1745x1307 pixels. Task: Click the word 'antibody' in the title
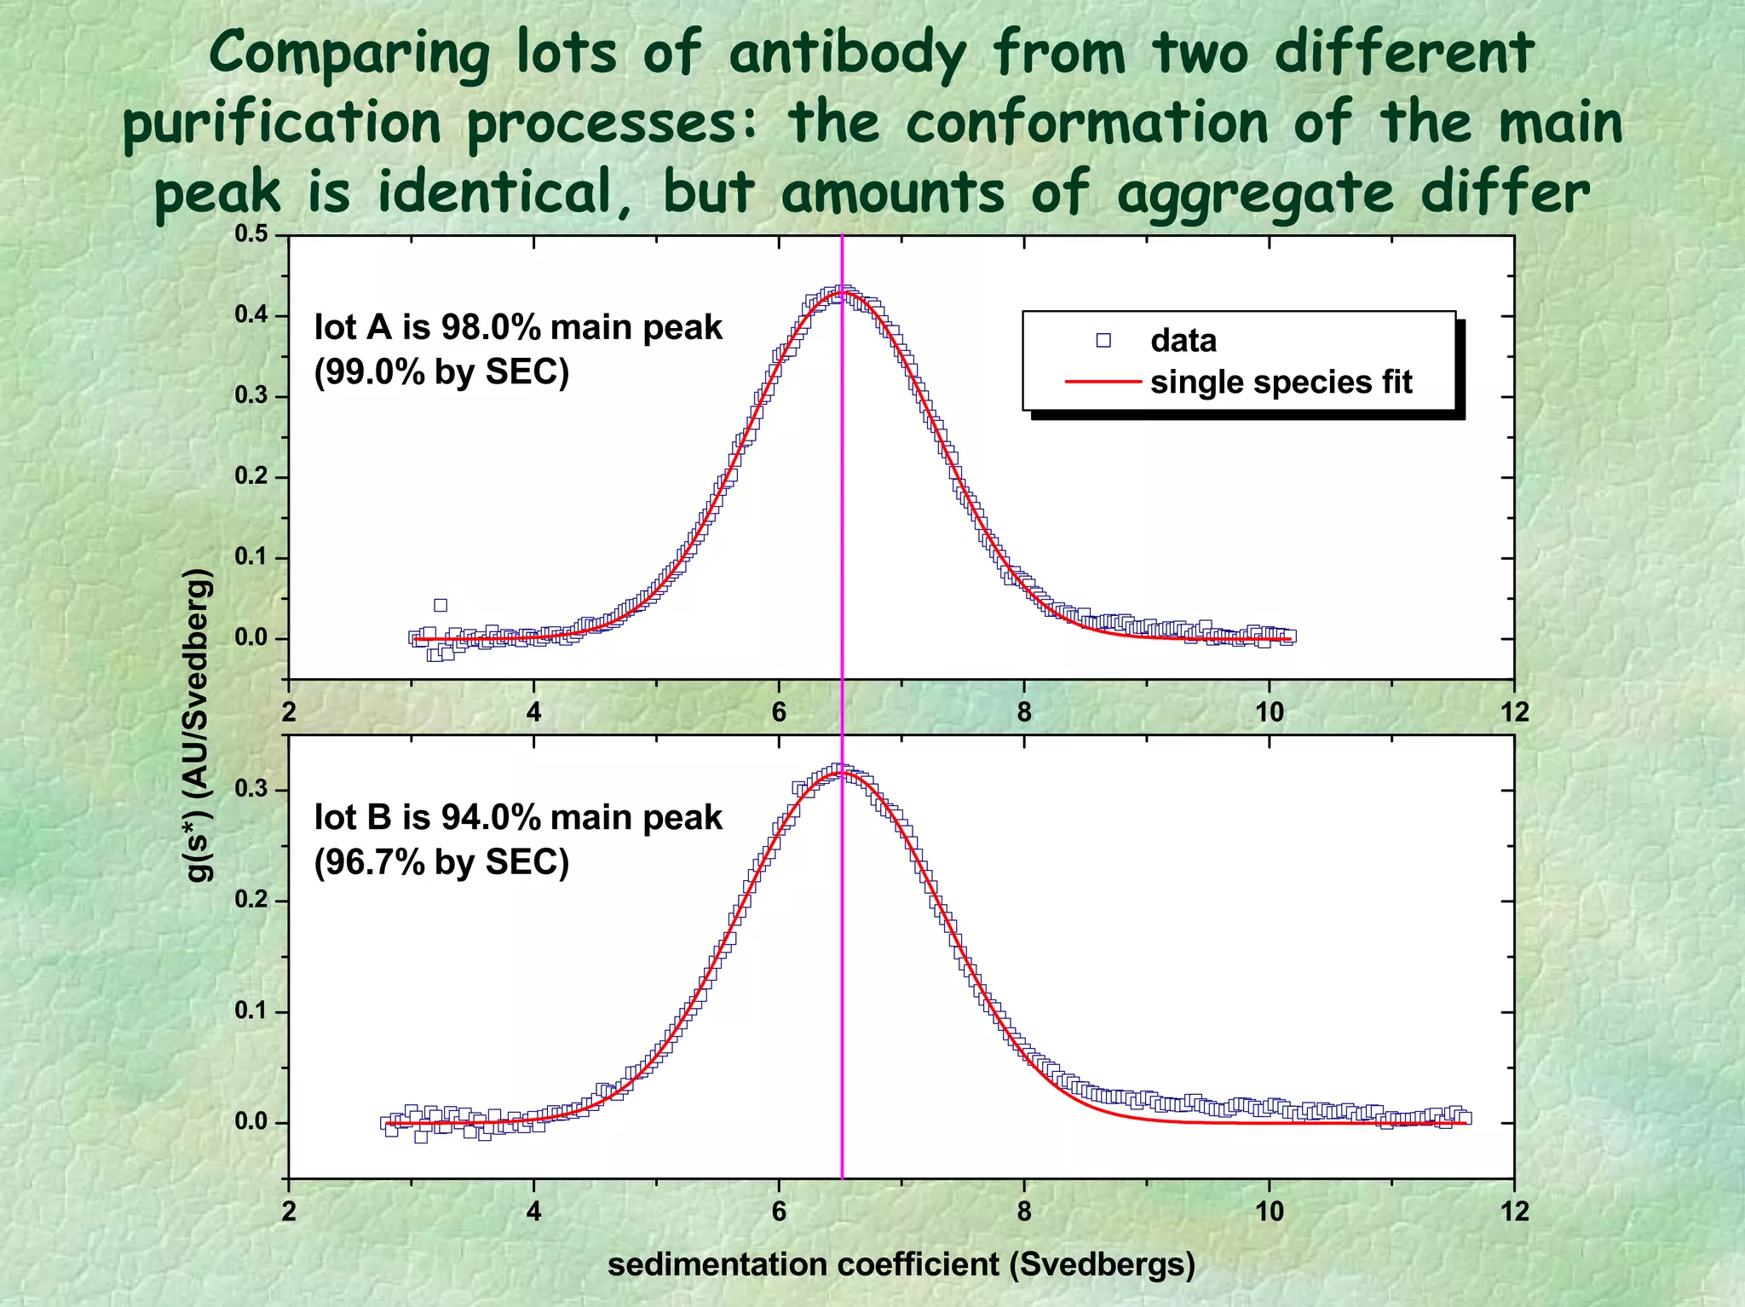(x=847, y=53)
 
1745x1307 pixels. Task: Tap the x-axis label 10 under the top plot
(x=1269, y=712)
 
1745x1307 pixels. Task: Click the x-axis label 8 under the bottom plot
(x=1023, y=1211)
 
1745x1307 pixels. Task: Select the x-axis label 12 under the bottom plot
(x=1514, y=1211)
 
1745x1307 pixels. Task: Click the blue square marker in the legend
(x=1103, y=341)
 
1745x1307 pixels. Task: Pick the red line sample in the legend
(x=1103, y=382)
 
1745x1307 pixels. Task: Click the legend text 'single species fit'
(x=1281, y=382)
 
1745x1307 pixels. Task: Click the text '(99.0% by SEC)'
(x=441, y=371)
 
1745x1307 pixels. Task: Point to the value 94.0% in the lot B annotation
(x=491, y=817)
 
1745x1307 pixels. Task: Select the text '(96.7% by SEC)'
(x=441, y=862)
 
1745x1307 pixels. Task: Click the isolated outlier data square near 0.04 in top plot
(x=441, y=605)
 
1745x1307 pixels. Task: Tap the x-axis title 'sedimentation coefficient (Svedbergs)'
(x=901, y=1264)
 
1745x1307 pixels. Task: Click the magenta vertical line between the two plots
(x=842, y=707)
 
